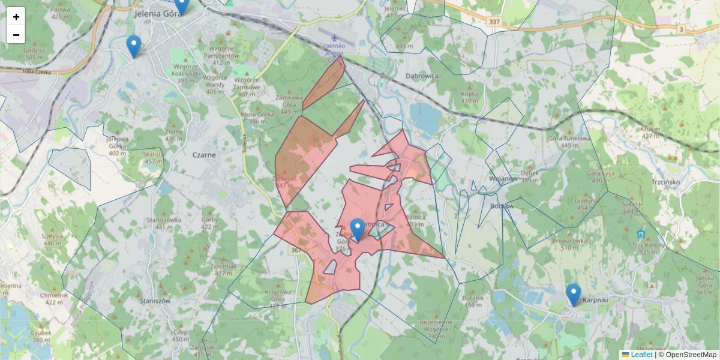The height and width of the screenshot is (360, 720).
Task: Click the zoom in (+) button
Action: tap(16, 17)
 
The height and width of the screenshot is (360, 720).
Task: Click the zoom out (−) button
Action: tap(16, 35)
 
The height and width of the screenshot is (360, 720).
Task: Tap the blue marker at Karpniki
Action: tap(574, 295)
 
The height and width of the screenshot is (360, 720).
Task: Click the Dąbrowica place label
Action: tap(422, 76)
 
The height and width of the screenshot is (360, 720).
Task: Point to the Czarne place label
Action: tap(204, 154)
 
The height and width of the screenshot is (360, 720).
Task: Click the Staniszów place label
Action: tap(155, 300)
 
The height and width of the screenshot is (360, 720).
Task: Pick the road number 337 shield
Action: tap(494, 22)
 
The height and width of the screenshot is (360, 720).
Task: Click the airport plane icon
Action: tap(326, 37)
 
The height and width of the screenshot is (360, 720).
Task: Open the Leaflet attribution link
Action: tap(641, 355)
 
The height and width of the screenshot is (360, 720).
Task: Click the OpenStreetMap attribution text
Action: tap(691, 355)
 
